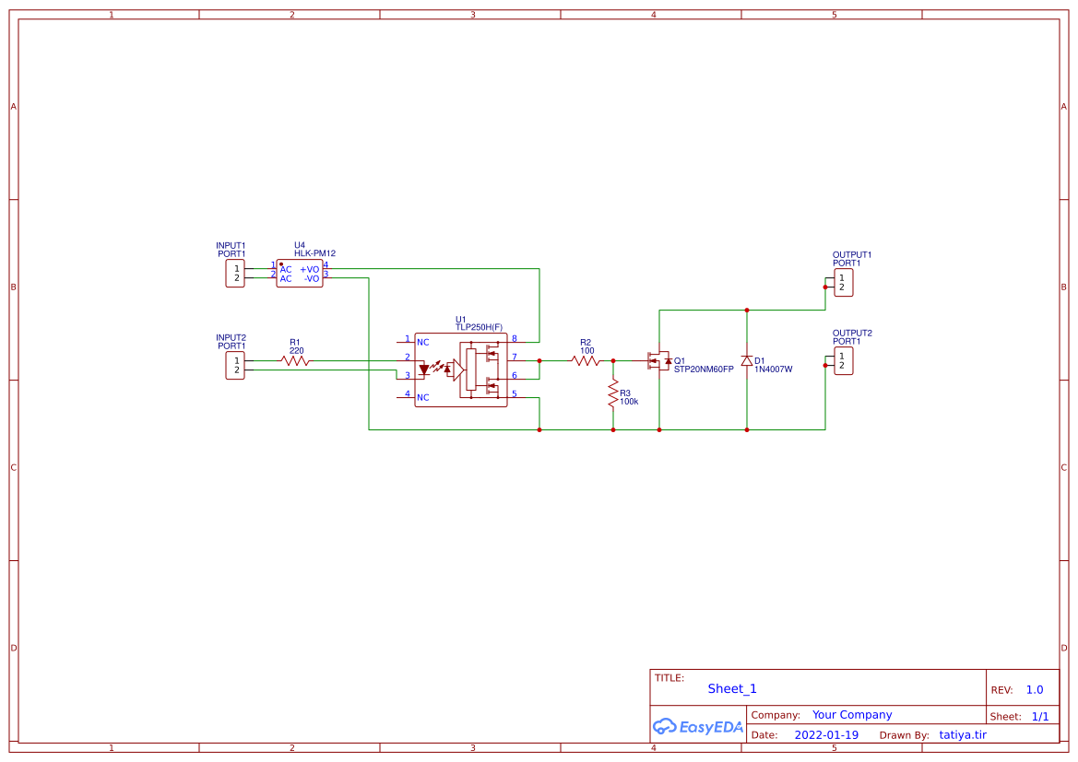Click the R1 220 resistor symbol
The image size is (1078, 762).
click(x=296, y=361)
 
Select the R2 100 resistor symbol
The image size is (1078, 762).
click(x=586, y=361)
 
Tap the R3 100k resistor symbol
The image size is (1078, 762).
click(x=613, y=394)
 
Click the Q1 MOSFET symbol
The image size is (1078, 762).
click(x=659, y=360)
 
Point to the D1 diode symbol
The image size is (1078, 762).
click(x=747, y=360)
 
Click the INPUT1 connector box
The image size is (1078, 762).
click(x=235, y=274)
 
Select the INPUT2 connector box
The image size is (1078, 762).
click(x=235, y=365)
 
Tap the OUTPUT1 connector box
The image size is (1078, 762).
click(x=844, y=283)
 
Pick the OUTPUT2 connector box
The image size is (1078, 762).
click(x=844, y=361)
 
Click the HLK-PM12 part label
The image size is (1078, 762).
click(x=314, y=253)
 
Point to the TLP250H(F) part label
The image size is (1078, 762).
click(x=480, y=327)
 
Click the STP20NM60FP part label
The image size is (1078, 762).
click(x=704, y=369)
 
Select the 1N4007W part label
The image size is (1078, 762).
click(x=774, y=369)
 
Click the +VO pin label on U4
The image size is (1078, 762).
click(x=309, y=270)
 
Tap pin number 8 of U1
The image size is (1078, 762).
click(x=515, y=338)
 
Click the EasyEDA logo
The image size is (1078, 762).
click(x=698, y=726)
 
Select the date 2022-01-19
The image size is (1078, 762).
click(x=826, y=735)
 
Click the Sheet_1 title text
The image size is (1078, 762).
click(x=732, y=688)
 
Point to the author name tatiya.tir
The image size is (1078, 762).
click(x=963, y=735)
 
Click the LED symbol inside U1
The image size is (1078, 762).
click(x=424, y=369)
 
